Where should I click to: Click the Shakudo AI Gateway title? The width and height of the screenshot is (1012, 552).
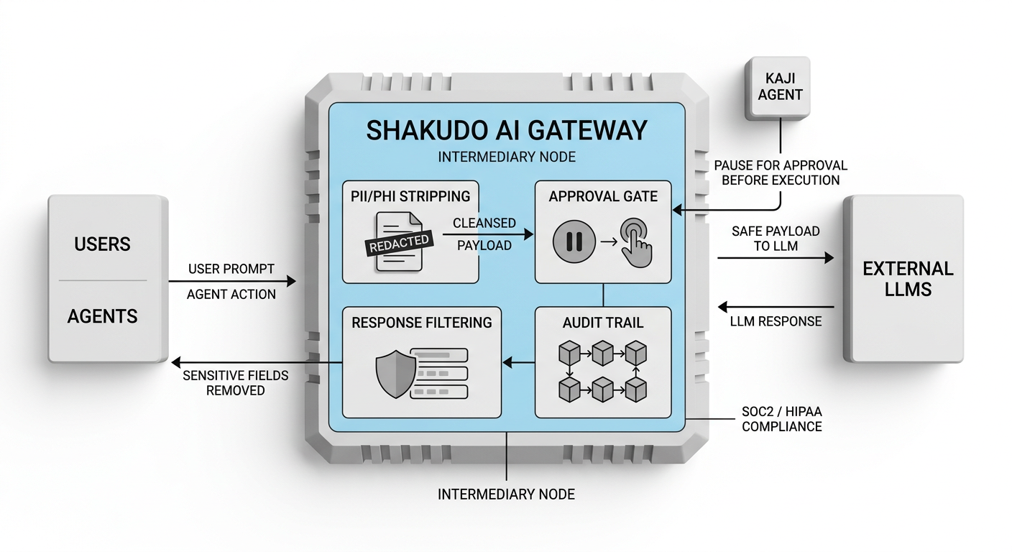(x=506, y=131)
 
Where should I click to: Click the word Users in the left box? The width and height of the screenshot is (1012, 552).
(x=103, y=244)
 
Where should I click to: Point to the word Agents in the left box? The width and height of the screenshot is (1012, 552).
(x=103, y=316)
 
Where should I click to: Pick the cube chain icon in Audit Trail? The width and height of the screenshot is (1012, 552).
(x=602, y=371)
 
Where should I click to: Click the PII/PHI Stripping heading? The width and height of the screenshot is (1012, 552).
(x=410, y=196)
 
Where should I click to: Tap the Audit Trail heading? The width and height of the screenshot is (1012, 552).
(x=603, y=323)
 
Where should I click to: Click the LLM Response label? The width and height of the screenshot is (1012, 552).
(x=776, y=321)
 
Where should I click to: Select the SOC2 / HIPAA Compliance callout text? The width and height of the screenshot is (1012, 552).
(x=781, y=419)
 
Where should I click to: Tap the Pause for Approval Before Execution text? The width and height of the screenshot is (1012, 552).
(x=781, y=172)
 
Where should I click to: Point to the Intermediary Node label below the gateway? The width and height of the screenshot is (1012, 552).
(x=506, y=494)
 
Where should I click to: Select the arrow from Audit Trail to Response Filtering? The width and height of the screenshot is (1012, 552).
(x=519, y=363)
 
